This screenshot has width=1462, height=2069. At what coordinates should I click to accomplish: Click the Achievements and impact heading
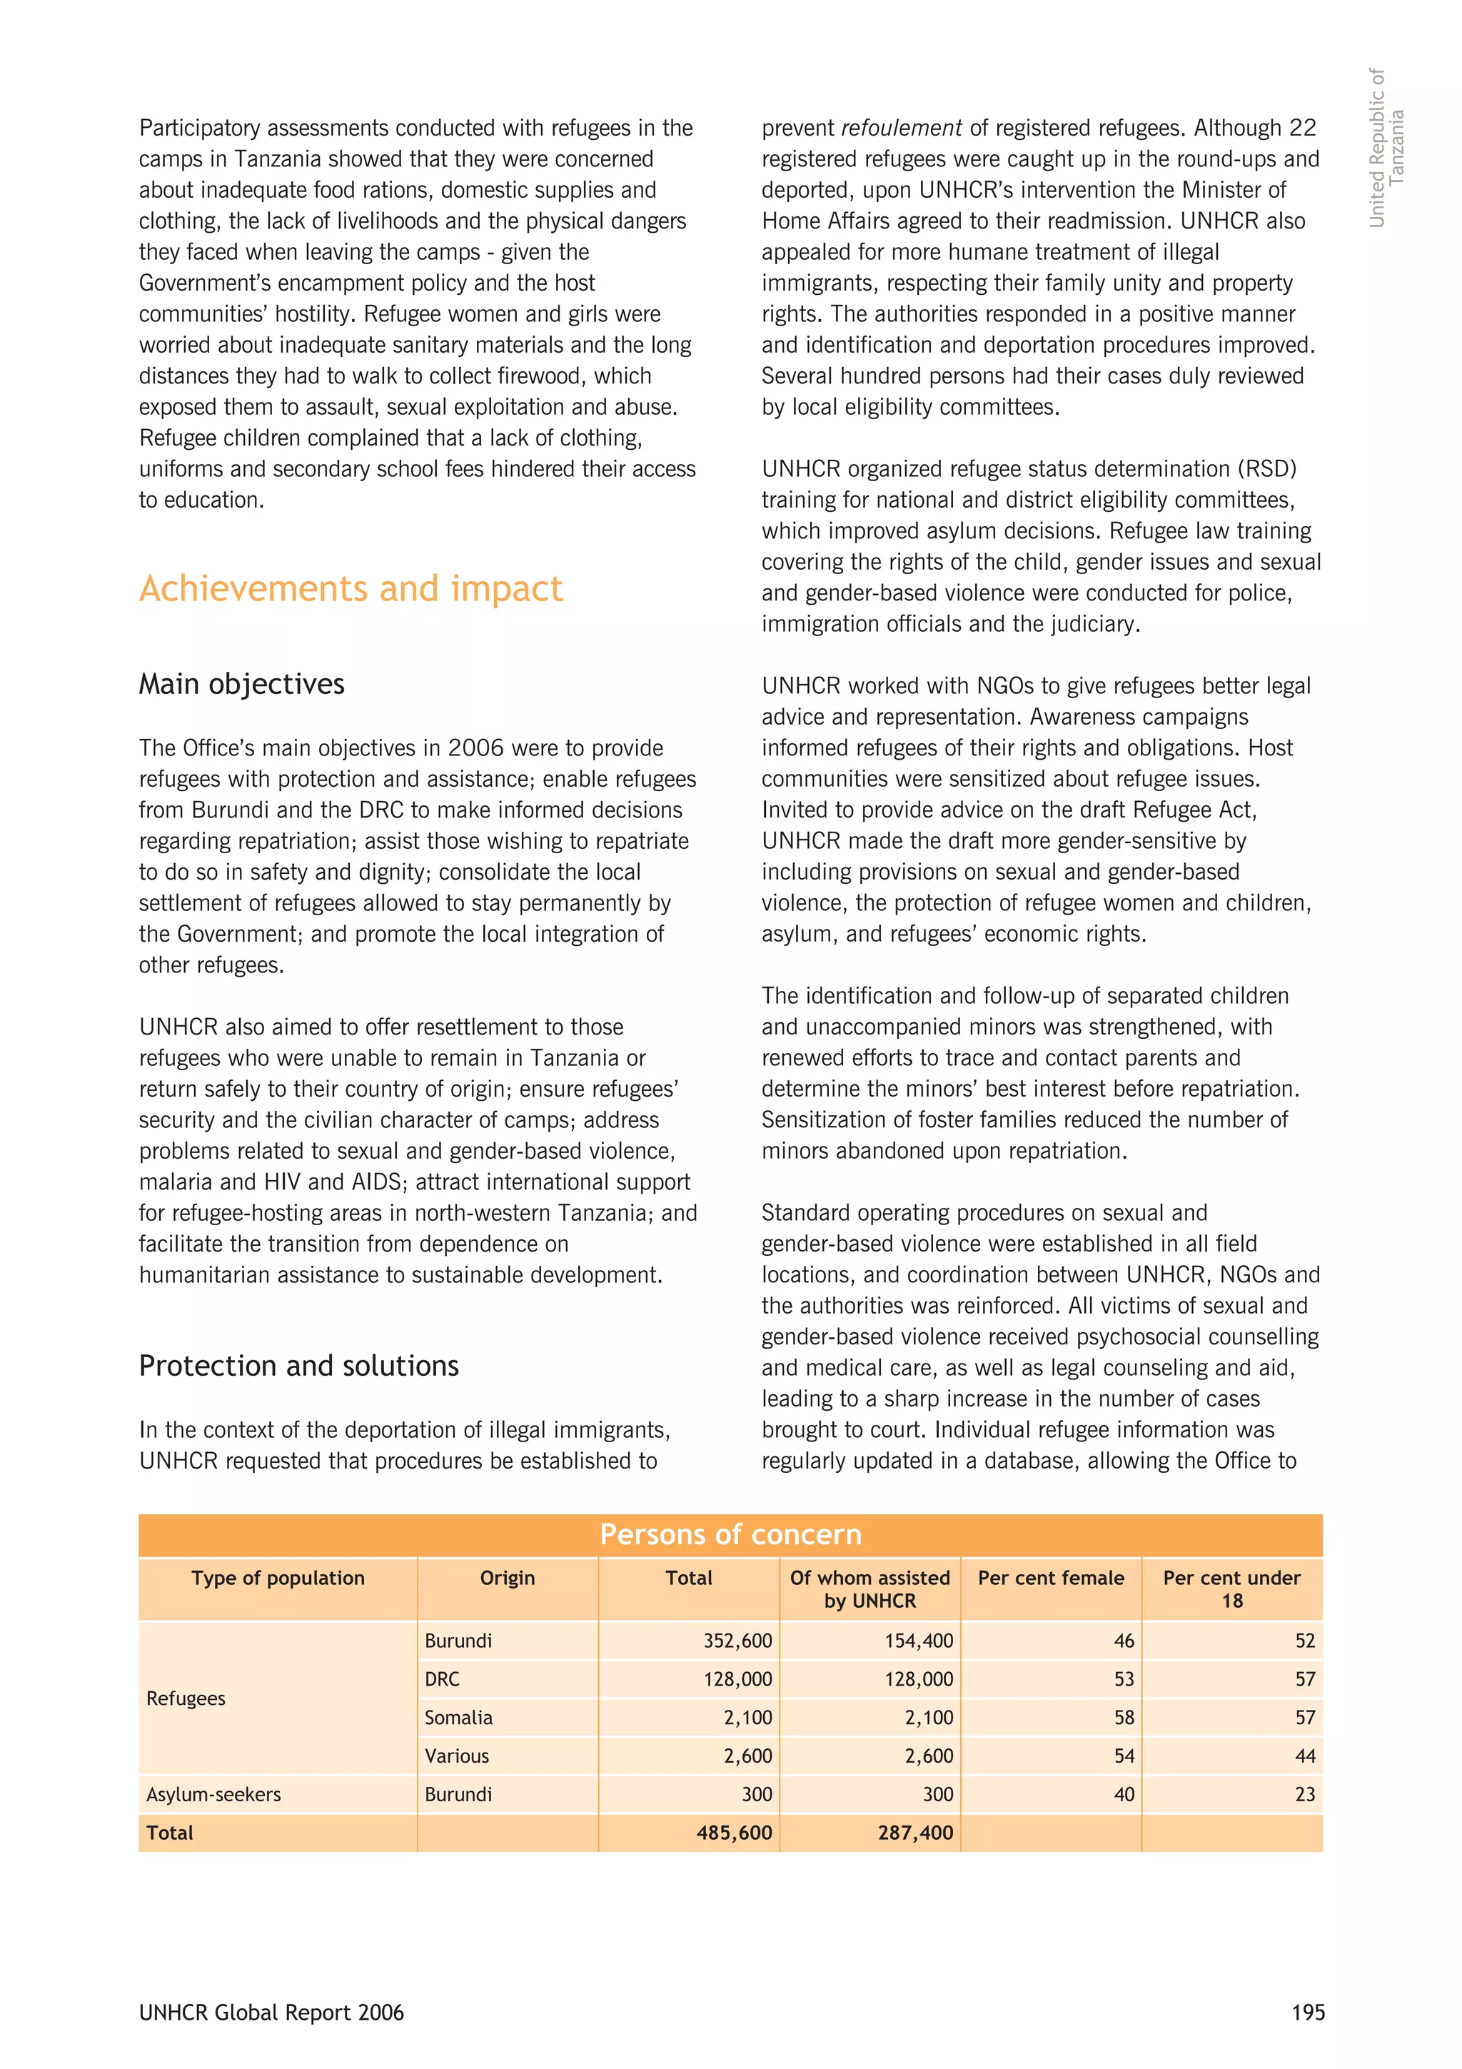(x=351, y=588)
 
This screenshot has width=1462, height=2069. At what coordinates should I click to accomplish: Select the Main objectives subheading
(x=241, y=684)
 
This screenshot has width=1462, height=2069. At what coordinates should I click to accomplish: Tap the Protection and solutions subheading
(x=298, y=1365)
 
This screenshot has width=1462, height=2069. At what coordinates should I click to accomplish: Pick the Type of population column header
(x=278, y=1578)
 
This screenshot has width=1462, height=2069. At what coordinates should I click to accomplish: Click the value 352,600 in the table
(x=737, y=1640)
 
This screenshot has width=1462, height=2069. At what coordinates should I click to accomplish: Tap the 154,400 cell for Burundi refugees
(x=918, y=1640)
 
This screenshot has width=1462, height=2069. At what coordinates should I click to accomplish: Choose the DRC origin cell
(x=443, y=1678)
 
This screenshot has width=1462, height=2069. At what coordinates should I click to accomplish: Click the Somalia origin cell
(x=458, y=1718)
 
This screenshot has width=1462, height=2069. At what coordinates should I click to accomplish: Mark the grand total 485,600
(x=734, y=1832)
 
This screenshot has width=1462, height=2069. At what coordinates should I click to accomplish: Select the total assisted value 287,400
(x=915, y=1832)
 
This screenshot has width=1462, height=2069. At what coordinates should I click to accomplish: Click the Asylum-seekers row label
(x=213, y=1794)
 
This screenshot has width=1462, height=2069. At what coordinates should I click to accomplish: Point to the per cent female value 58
(x=1124, y=1718)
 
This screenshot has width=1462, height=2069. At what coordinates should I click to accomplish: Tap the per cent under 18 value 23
(x=1304, y=1794)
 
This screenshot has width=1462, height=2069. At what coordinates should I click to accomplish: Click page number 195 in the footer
(x=1308, y=2012)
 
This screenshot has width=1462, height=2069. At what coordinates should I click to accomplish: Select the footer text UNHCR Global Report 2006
(x=271, y=2012)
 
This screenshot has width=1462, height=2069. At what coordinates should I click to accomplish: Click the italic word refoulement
(x=901, y=128)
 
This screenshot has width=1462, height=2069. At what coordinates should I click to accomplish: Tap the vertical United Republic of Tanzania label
(x=1386, y=148)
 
